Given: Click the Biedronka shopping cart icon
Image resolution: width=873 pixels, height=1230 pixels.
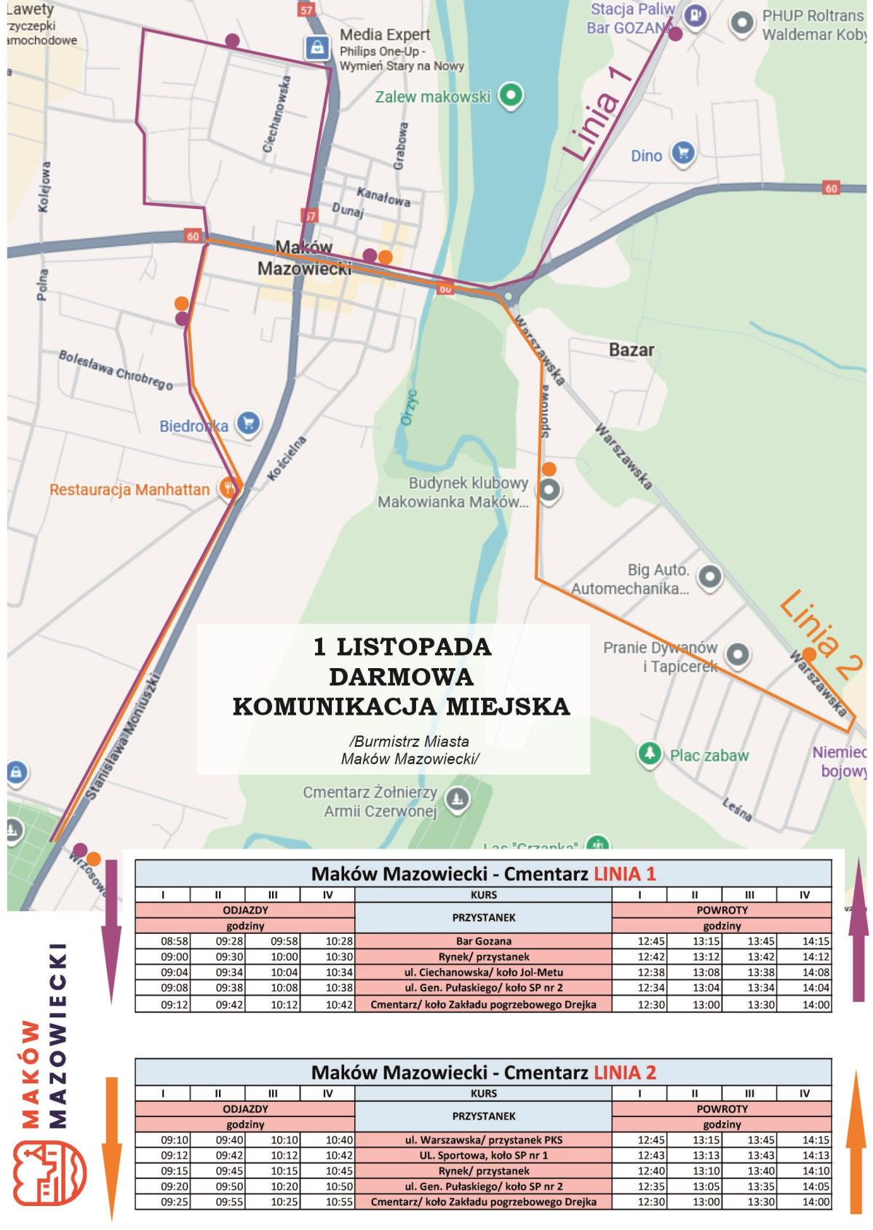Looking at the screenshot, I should pos(249,424).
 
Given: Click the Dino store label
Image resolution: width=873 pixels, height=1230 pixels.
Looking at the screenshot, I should pos(647,155).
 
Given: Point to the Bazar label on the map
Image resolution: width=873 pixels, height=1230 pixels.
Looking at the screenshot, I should pos(631,349).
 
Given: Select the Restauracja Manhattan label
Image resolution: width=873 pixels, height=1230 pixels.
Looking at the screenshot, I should pos(129,489).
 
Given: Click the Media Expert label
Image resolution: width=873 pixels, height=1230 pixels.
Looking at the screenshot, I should pos(385,34).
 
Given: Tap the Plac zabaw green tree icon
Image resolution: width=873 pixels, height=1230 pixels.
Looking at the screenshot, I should pos(647,754).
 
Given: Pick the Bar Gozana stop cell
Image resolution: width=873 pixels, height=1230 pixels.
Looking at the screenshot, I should pos(483,941).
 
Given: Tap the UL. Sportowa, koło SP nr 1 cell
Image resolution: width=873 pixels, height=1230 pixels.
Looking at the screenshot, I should pos(483,1155).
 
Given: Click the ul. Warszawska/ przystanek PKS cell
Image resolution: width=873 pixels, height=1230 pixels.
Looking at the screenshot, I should pos(483,1140).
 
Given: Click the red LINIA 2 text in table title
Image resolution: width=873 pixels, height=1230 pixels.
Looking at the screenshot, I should pos(625,1072).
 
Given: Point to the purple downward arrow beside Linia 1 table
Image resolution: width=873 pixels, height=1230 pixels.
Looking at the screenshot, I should pos(111,932).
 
